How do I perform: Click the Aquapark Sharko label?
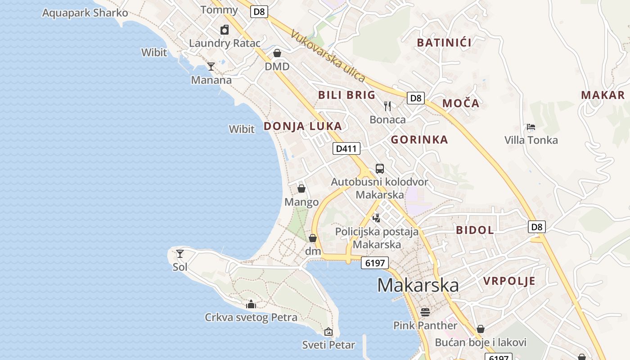point(85,13)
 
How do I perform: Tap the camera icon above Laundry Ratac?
point(225,30)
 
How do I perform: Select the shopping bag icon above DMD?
point(277,54)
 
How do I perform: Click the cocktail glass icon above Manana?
point(211,67)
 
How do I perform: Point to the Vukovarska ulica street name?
point(328,56)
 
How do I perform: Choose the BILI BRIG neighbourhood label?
point(346,95)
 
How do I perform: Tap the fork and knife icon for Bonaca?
point(387,106)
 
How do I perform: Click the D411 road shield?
point(346,148)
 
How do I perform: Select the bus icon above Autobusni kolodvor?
point(380,169)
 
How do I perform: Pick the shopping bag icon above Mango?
point(301,189)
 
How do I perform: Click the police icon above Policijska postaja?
point(377,218)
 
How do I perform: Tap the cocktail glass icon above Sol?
point(180,254)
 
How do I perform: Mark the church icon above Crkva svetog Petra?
point(251,305)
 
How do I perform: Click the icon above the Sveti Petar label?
point(328,332)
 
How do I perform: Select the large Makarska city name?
point(418,285)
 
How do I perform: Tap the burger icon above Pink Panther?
point(425,312)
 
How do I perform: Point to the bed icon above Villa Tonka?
point(531,127)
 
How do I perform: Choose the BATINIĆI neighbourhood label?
point(444,43)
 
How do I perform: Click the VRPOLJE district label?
point(509,281)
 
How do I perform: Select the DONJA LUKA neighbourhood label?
point(302,126)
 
